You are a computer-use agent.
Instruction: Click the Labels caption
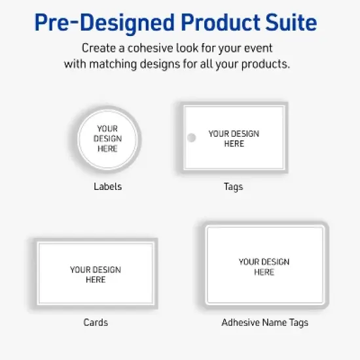(107, 187)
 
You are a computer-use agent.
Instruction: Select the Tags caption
(233, 187)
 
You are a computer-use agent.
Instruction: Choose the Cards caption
(96, 322)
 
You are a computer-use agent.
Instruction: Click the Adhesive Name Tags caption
(264, 322)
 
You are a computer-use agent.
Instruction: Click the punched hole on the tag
(192, 137)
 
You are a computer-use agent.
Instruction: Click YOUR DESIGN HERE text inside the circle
(107, 139)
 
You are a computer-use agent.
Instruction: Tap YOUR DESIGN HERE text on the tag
(234, 138)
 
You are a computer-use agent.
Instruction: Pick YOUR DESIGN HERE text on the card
(96, 274)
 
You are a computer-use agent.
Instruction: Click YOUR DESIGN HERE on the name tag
(264, 266)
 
